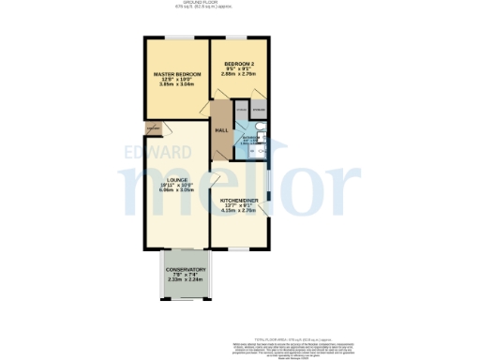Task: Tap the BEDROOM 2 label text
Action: click(241, 64)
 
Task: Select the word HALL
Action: click(222, 129)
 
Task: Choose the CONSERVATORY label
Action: click(179, 270)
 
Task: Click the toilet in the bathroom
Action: click(251, 149)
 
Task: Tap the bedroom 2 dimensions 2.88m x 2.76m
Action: click(241, 74)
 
